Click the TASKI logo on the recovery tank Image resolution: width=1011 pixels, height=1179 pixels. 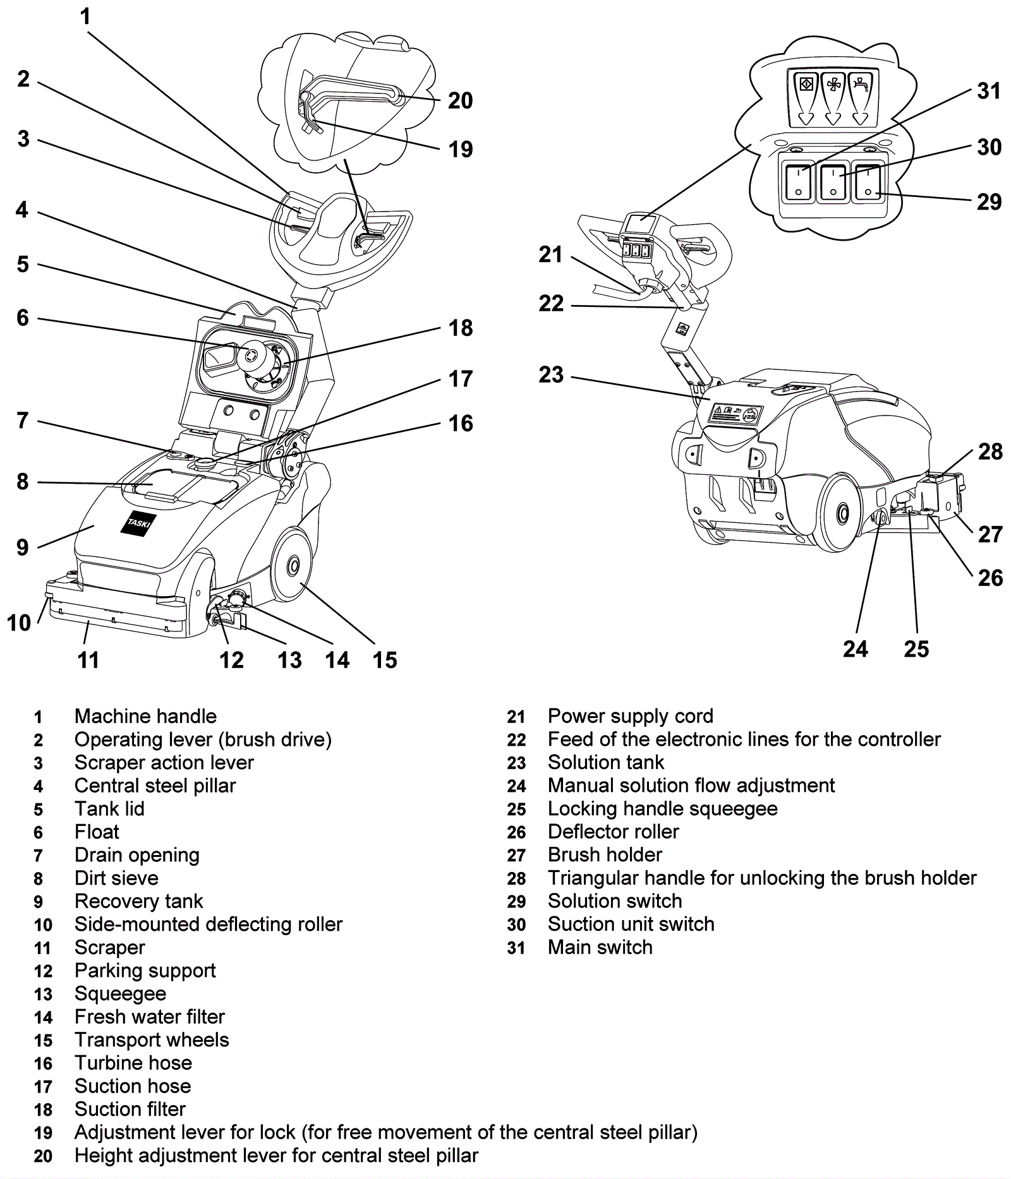(138, 522)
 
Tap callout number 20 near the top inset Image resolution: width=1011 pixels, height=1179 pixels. (460, 100)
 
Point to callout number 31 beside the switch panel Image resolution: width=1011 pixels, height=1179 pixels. (989, 91)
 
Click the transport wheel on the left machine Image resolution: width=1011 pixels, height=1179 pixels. (291, 565)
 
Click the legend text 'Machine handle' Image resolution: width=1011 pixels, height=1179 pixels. (145, 716)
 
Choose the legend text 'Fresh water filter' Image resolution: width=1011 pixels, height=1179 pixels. (149, 1017)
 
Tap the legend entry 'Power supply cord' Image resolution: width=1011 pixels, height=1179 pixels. (630, 716)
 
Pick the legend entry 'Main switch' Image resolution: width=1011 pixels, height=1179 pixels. (600, 947)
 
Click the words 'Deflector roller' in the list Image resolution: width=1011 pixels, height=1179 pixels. (613, 832)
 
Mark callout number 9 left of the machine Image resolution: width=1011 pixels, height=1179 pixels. (22, 547)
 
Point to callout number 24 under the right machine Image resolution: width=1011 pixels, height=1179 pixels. (856, 649)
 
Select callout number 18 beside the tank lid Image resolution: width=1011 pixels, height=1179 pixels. (461, 328)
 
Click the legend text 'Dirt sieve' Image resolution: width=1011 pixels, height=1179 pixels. (116, 878)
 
